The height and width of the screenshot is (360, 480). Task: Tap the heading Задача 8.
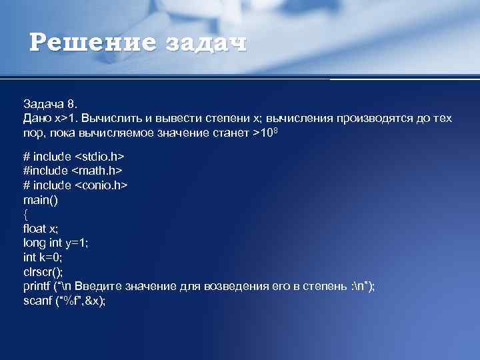point(51,104)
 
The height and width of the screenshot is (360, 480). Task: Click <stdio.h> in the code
point(99,156)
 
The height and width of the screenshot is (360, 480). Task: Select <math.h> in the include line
point(97,171)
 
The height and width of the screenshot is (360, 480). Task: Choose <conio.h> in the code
point(101,185)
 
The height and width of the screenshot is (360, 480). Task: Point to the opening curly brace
point(26,214)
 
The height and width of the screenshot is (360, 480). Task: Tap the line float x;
point(41,228)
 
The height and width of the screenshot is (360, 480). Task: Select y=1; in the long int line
point(77,243)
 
